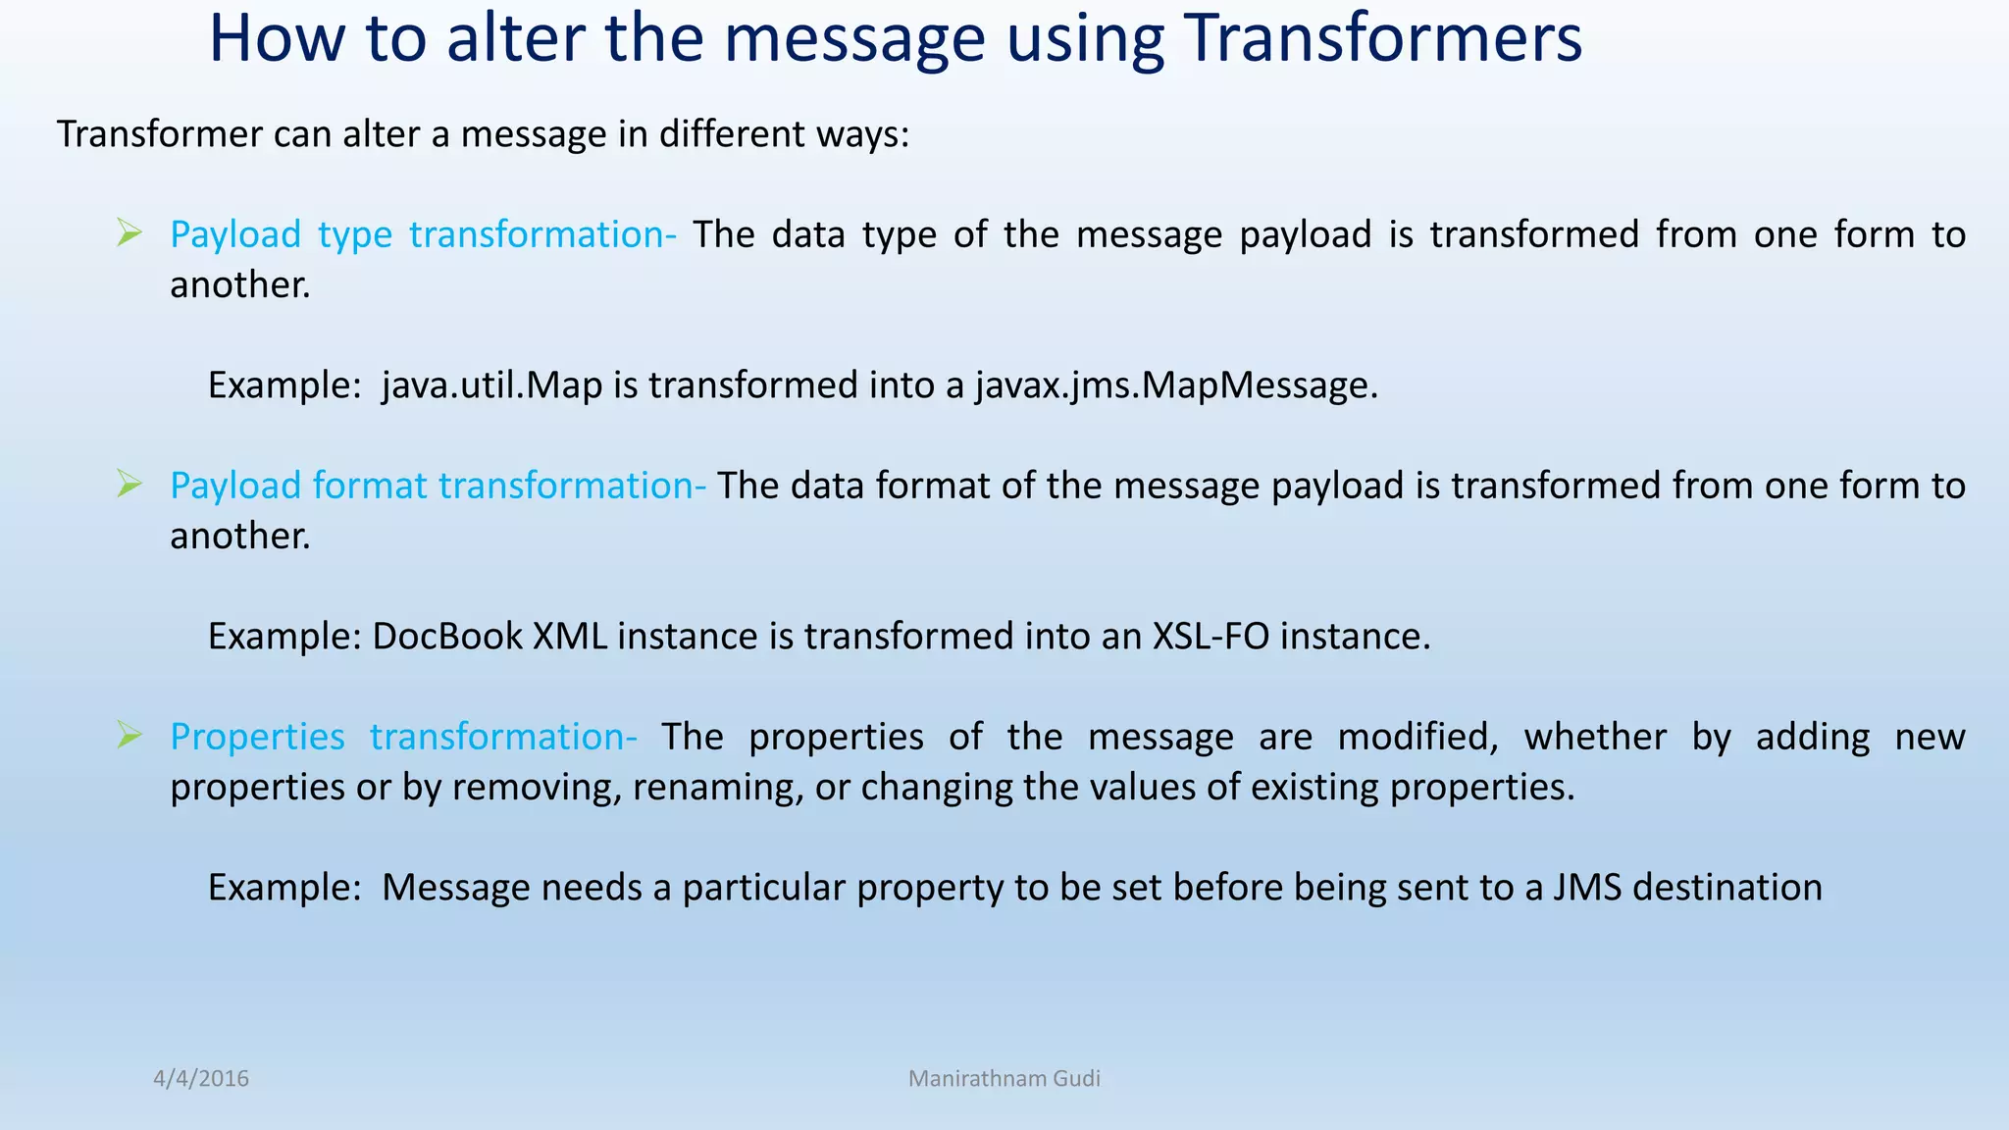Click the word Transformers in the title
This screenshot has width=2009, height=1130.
click(x=1382, y=39)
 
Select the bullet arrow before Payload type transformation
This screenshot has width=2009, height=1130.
click(x=129, y=233)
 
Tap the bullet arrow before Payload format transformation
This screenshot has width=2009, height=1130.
click(x=129, y=485)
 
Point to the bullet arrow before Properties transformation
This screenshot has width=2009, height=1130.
click(x=129, y=736)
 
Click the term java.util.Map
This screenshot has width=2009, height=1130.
click(x=491, y=385)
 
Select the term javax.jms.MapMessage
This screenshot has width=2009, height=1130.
click(x=1176, y=385)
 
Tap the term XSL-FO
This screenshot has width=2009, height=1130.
click(x=1211, y=637)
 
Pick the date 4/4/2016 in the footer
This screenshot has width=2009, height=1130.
click(x=201, y=1079)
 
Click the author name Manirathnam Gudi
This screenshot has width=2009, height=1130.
click(x=1004, y=1079)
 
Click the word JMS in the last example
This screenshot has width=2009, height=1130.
click(x=1585, y=888)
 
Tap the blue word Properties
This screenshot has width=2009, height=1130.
click(x=257, y=737)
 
